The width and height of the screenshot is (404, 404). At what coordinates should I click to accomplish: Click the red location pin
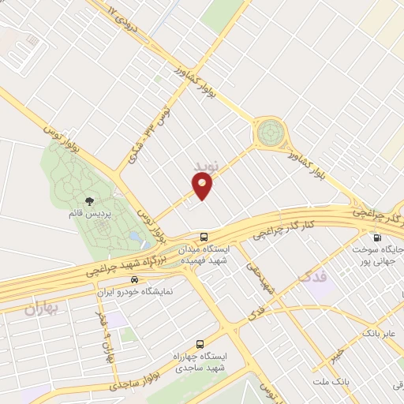[x=203, y=185]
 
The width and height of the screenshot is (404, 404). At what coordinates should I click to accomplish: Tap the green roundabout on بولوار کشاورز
[x=270, y=131]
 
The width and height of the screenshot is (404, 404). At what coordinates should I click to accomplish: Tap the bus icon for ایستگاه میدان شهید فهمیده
[x=204, y=237]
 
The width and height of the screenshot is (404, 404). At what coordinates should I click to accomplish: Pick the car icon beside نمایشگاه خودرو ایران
[x=134, y=280]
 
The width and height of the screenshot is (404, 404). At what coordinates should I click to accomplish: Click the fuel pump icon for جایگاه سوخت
[x=376, y=238]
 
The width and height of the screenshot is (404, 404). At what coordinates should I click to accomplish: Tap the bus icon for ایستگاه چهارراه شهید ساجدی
[x=200, y=345]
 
